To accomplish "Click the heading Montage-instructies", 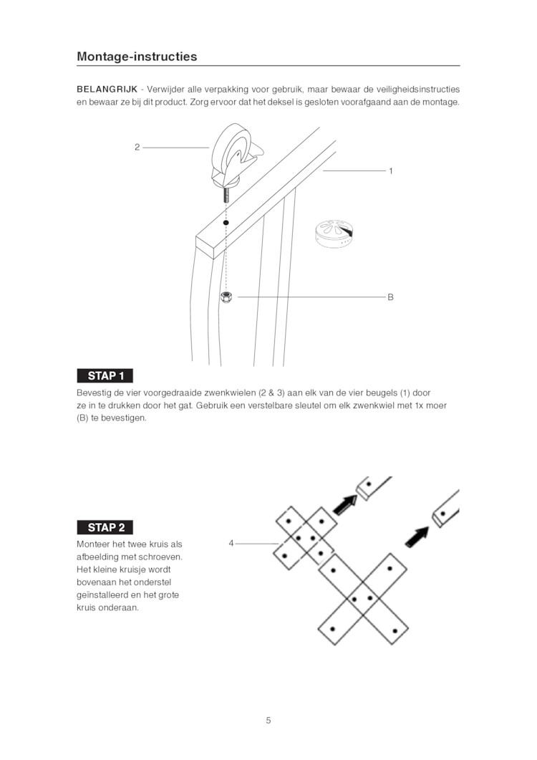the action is click(137, 56).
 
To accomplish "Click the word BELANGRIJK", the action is click(107, 90).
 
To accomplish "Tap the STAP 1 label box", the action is click(105, 375).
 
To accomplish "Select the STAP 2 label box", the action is click(105, 527).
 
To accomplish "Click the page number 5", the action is click(268, 721).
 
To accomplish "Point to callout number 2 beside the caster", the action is click(137, 147).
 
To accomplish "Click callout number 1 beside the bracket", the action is click(391, 170).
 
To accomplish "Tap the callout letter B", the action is click(390, 297).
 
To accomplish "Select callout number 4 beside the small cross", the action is click(231, 544).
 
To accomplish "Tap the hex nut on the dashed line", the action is click(226, 297).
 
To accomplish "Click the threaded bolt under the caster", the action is click(226, 195).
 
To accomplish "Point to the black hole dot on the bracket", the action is click(226, 223).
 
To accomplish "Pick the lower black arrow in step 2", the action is click(417, 537).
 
